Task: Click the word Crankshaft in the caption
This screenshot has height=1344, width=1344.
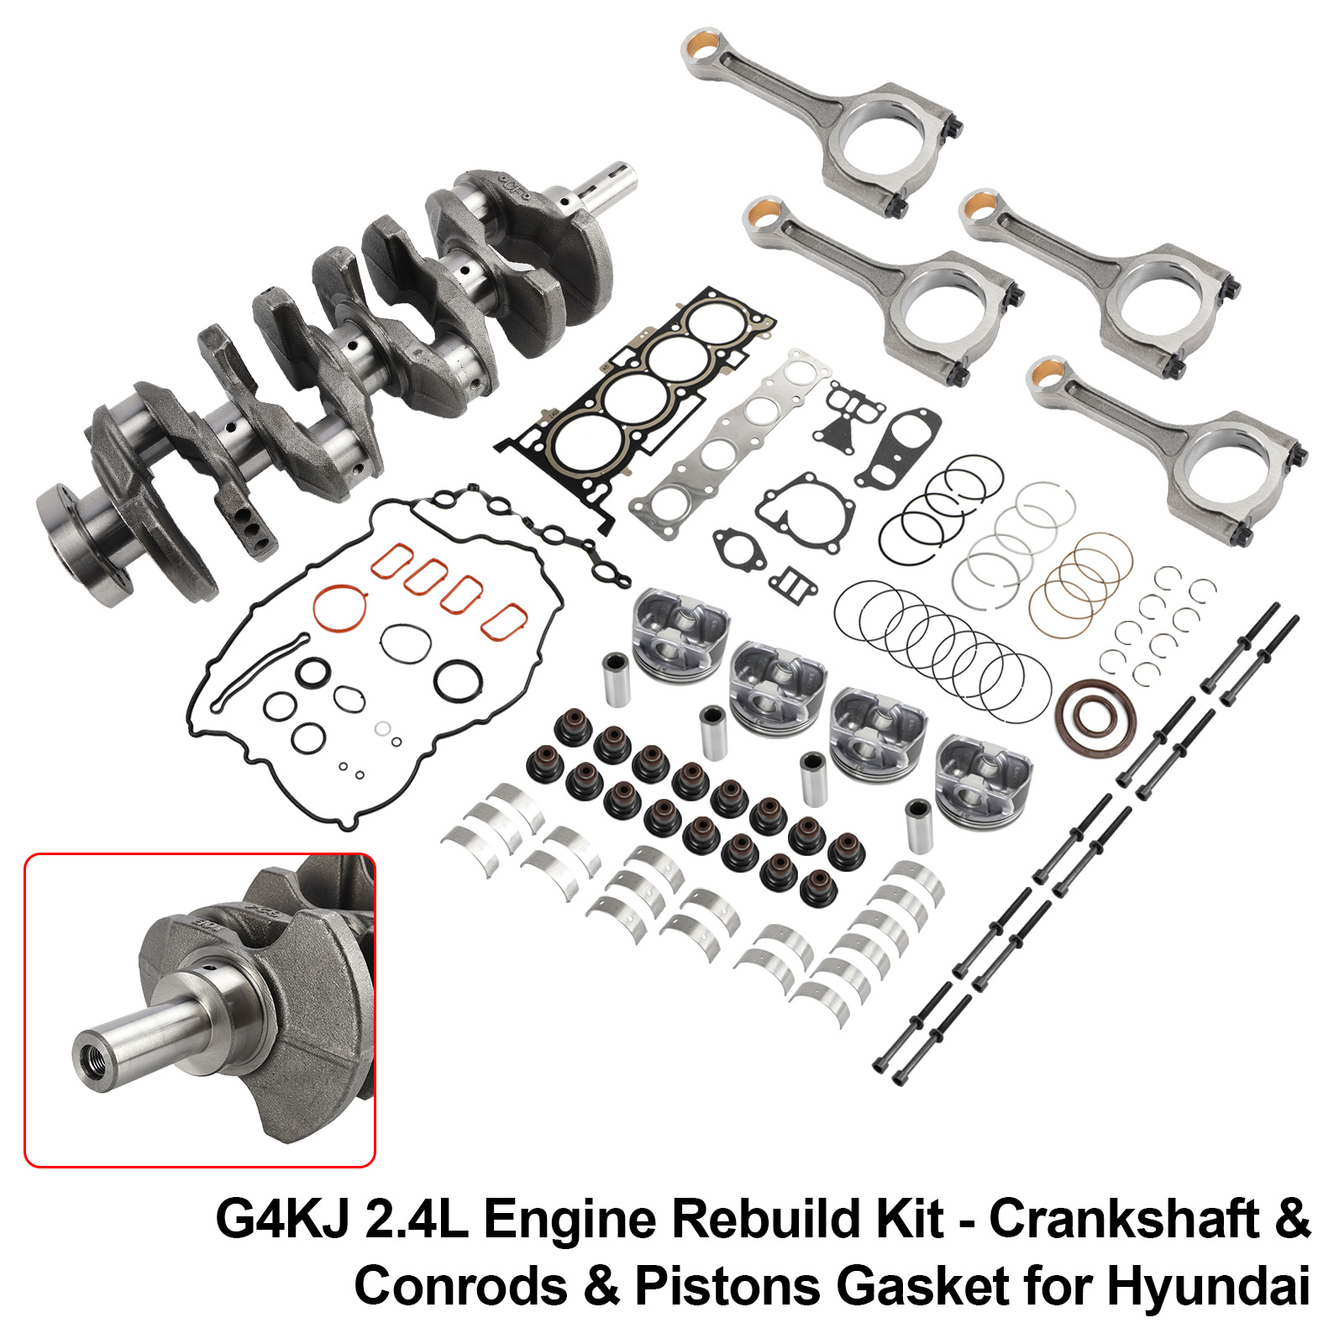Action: [1124, 1219]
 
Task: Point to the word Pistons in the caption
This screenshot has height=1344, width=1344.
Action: [728, 1286]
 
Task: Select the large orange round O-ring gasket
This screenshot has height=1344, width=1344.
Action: [340, 607]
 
